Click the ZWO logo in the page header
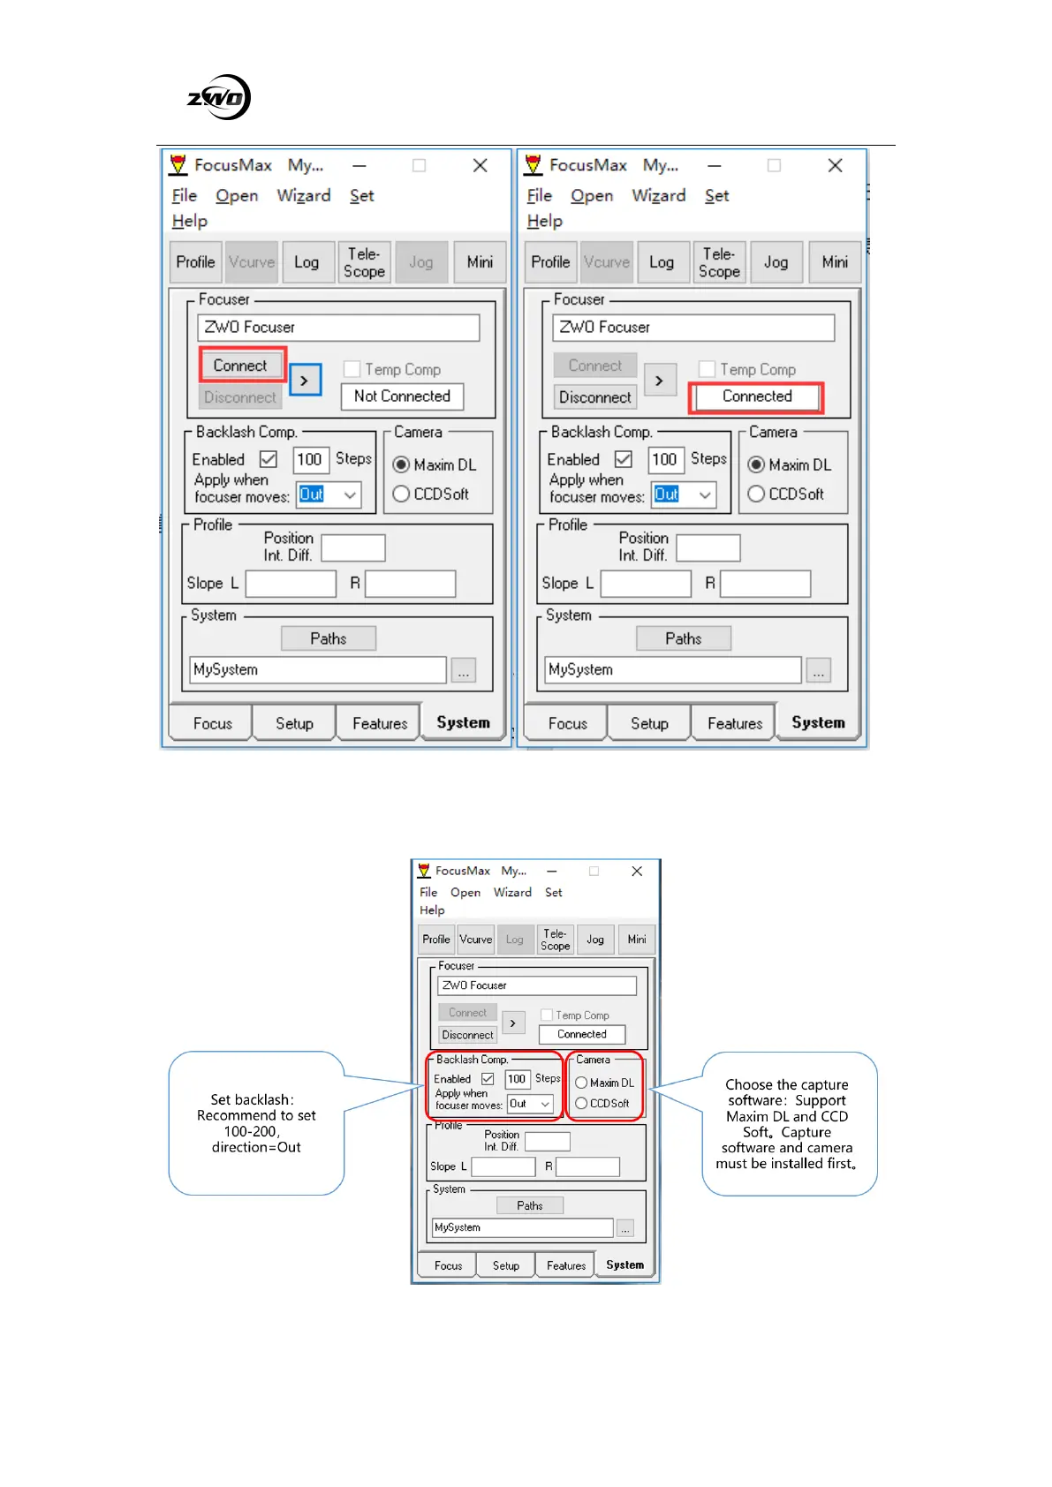(x=219, y=97)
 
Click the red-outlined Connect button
(x=240, y=366)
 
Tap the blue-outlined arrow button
(x=305, y=381)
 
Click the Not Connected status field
(x=402, y=396)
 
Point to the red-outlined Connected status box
(x=757, y=396)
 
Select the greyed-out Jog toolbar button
(x=421, y=262)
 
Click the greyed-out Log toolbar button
(x=514, y=940)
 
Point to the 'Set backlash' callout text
(x=256, y=1123)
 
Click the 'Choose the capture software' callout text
(x=787, y=1123)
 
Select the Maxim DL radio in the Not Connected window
(x=402, y=464)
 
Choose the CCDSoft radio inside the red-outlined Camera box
(x=581, y=1103)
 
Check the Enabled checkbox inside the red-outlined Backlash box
(x=488, y=1079)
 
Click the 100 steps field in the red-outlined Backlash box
(x=517, y=1079)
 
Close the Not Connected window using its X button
(x=480, y=165)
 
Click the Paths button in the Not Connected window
(x=329, y=638)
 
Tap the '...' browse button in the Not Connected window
(x=464, y=671)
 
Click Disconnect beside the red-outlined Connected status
(x=594, y=397)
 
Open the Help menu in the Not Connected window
(x=190, y=221)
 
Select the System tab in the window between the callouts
(x=624, y=1264)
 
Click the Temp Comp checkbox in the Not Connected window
(x=352, y=369)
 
